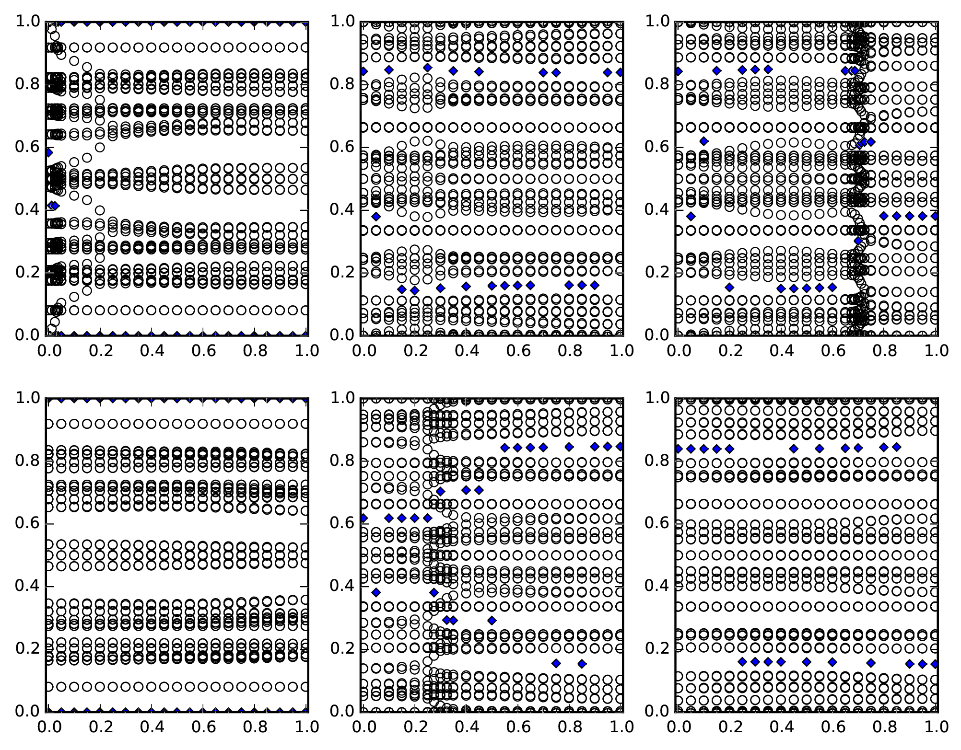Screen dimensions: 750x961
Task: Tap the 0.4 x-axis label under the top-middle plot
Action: (x=466, y=351)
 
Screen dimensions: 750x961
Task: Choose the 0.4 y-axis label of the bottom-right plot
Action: (x=656, y=586)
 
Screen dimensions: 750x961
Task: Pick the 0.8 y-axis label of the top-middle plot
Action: (x=342, y=84)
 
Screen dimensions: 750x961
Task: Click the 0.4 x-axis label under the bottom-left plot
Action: (x=152, y=727)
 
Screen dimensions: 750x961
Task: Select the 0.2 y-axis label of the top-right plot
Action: (x=656, y=272)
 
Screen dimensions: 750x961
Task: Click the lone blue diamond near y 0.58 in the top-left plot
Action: (x=48, y=152)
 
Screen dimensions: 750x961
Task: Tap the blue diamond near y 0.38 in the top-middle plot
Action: (x=376, y=217)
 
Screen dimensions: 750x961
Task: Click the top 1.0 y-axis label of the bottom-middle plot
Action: (x=342, y=398)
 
